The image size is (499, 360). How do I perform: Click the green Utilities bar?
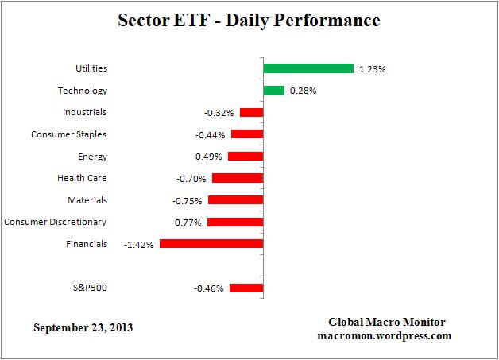click(x=308, y=68)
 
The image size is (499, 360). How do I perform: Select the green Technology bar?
click(x=273, y=91)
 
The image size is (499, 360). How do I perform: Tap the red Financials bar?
click(x=211, y=244)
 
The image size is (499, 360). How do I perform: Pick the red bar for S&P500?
click(x=246, y=288)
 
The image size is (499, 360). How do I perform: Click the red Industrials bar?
click(x=251, y=113)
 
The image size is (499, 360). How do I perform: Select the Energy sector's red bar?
click(x=245, y=157)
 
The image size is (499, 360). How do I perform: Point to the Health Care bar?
click(x=237, y=178)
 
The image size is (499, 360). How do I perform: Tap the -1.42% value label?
click(x=139, y=245)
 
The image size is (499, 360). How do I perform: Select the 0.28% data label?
click(x=302, y=91)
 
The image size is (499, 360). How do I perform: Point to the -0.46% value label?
click(x=209, y=288)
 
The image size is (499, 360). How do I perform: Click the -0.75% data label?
click(x=188, y=201)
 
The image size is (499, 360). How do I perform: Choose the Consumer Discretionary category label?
click(x=56, y=222)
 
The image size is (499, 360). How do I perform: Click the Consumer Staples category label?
click(x=69, y=134)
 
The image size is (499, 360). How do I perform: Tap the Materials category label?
click(x=87, y=200)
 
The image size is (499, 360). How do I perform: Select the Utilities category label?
click(x=90, y=69)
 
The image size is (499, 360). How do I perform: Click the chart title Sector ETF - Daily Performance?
click(x=249, y=19)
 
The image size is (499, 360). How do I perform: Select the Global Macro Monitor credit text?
click(x=387, y=322)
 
